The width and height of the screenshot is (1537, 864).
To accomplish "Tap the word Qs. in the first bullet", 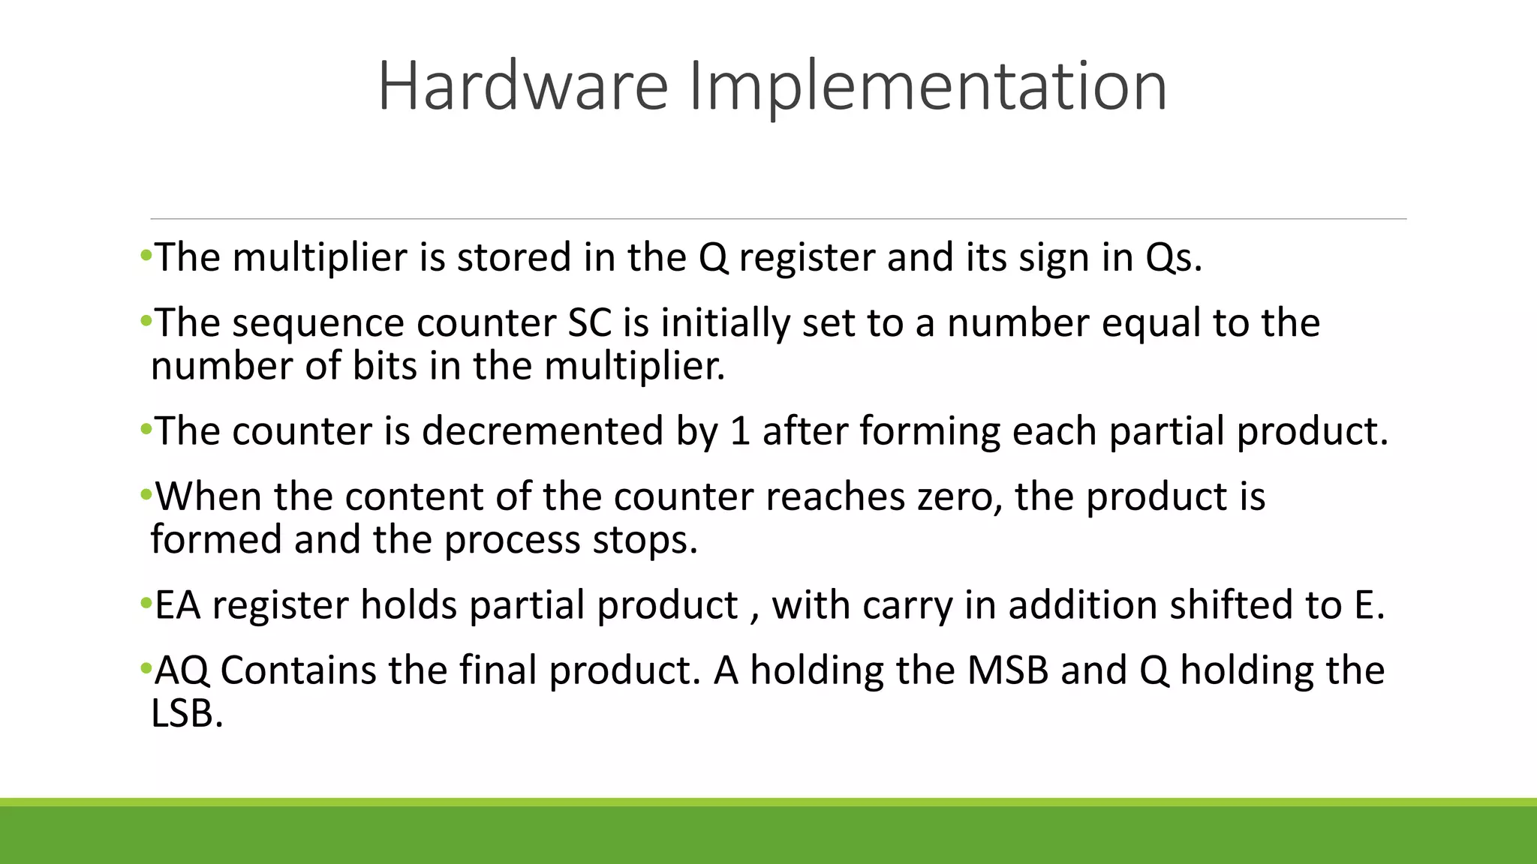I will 1174,257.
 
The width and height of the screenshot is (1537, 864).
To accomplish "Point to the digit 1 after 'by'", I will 739,431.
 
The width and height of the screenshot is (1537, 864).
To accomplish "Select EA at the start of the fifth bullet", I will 178,605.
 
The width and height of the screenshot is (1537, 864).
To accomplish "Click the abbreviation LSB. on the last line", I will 187,714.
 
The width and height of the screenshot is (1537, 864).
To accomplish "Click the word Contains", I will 298,670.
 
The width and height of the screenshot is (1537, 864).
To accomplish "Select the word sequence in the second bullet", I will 318,323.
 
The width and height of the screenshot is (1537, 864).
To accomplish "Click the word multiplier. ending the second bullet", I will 635,367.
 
